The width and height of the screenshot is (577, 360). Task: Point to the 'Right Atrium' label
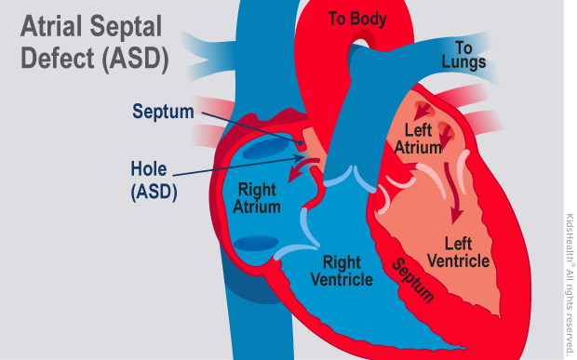pos(258,197)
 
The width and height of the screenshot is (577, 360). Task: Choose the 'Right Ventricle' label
pos(342,270)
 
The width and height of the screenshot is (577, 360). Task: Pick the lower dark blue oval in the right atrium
pos(256,244)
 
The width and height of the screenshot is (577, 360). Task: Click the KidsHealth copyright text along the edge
pos(567,280)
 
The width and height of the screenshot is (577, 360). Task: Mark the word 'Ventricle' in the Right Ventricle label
pos(342,279)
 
